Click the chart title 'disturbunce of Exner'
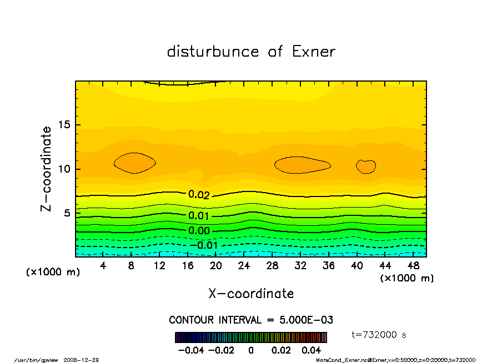pyautogui.click(x=251, y=52)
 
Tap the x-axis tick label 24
pyautogui.click(x=244, y=266)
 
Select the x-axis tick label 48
pyautogui.click(x=413, y=266)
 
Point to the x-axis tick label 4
pyautogui.click(x=103, y=266)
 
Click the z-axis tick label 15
pyautogui.click(x=65, y=125)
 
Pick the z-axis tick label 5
pyautogui.click(x=68, y=213)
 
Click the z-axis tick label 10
pyautogui.click(x=65, y=169)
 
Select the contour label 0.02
pyautogui.click(x=198, y=195)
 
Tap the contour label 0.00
pyautogui.click(x=198, y=231)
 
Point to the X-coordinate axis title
pyautogui.click(x=251, y=294)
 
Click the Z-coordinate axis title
pyautogui.click(x=47, y=169)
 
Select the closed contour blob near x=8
pyautogui.click(x=134, y=163)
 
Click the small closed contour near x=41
pyautogui.click(x=366, y=167)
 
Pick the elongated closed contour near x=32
pyautogui.click(x=302, y=165)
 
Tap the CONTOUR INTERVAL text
pyautogui.click(x=251, y=320)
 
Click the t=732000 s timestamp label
pyautogui.click(x=379, y=335)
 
